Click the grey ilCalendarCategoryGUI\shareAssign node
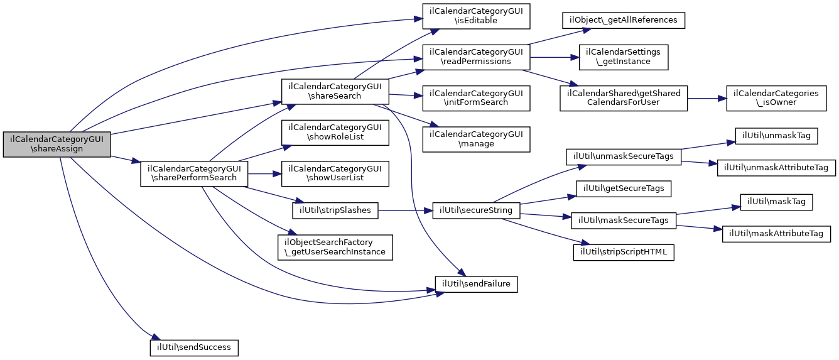pos(57,144)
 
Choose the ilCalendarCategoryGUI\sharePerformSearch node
pos(194,173)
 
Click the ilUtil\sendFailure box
pos(477,284)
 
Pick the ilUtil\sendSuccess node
pos(194,347)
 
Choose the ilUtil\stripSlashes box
pos(335,210)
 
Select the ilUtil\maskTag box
pos(777,202)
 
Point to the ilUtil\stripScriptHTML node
pos(624,252)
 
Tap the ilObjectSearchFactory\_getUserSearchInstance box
pos(335,248)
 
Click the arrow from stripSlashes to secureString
pos(405,210)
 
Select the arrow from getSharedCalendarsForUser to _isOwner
pos(706,98)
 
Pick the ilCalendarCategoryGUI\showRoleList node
pos(335,133)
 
